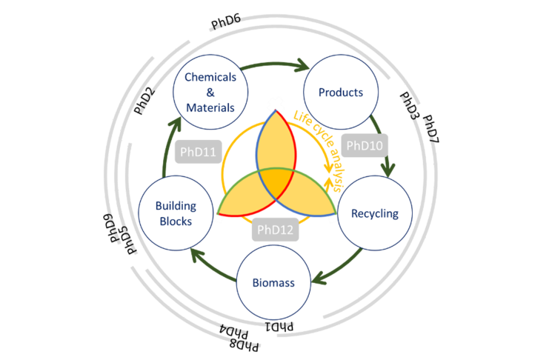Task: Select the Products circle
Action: (x=341, y=93)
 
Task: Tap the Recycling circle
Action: (x=375, y=214)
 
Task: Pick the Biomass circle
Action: (x=274, y=282)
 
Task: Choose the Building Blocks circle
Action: (x=174, y=214)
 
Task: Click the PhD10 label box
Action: (x=365, y=145)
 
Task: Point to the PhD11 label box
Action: (x=198, y=153)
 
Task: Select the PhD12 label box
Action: (x=276, y=230)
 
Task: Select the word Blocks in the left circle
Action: (x=175, y=221)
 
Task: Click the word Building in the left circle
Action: (x=175, y=207)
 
